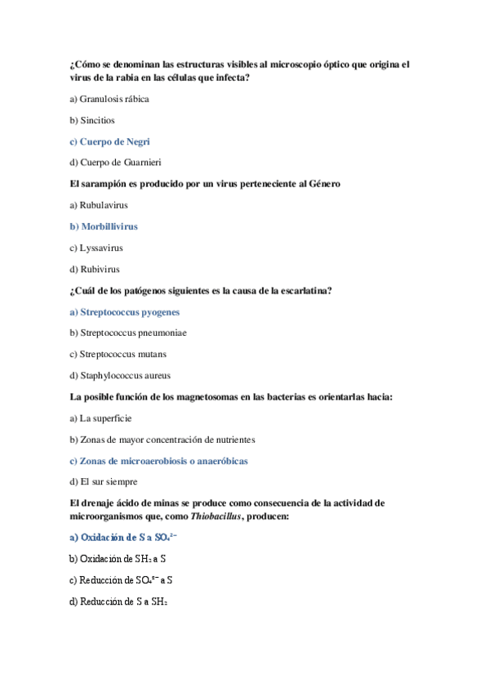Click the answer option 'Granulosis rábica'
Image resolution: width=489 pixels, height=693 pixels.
(x=113, y=99)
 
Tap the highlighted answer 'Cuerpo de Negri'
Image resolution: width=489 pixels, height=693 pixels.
(x=113, y=141)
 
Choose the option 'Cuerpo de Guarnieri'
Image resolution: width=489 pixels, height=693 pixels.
(x=120, y=163)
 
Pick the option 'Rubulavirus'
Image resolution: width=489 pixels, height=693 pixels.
(x=104, y=205)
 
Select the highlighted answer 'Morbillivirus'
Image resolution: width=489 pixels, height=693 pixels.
(x=109, y=226)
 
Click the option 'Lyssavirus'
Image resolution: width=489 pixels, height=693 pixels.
(x=101, y=248)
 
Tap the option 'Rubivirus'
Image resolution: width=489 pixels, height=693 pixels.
(x=100, y=269)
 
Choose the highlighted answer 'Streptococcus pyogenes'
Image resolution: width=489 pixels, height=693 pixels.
(x=130, y=312)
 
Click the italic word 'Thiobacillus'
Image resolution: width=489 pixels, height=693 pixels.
(x=215, y=516)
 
